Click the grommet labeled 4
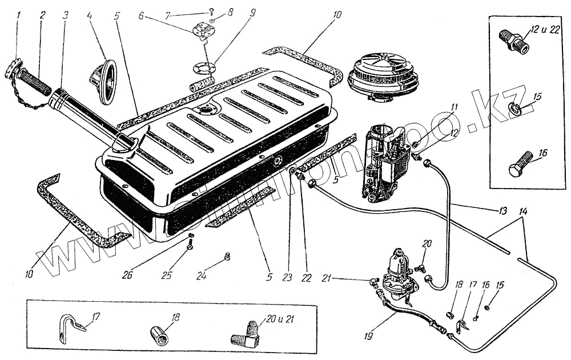(104, 82)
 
